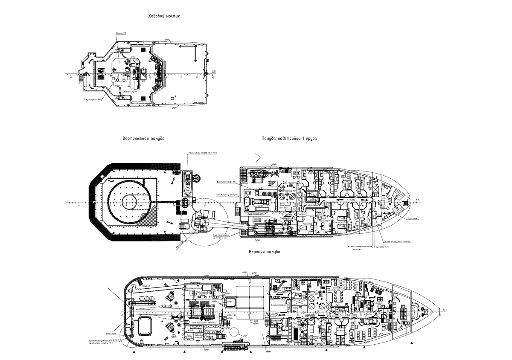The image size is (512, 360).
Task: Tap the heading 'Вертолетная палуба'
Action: pos(143,139)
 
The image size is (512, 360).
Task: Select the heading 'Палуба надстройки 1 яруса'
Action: pos(288,139)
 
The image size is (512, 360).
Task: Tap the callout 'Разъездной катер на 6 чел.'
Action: pos(203,153)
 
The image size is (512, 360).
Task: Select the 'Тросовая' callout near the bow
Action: pos(412,218)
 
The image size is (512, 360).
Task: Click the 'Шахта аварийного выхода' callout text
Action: pos(397,241)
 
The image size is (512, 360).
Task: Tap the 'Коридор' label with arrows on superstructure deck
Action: pos(352,200)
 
